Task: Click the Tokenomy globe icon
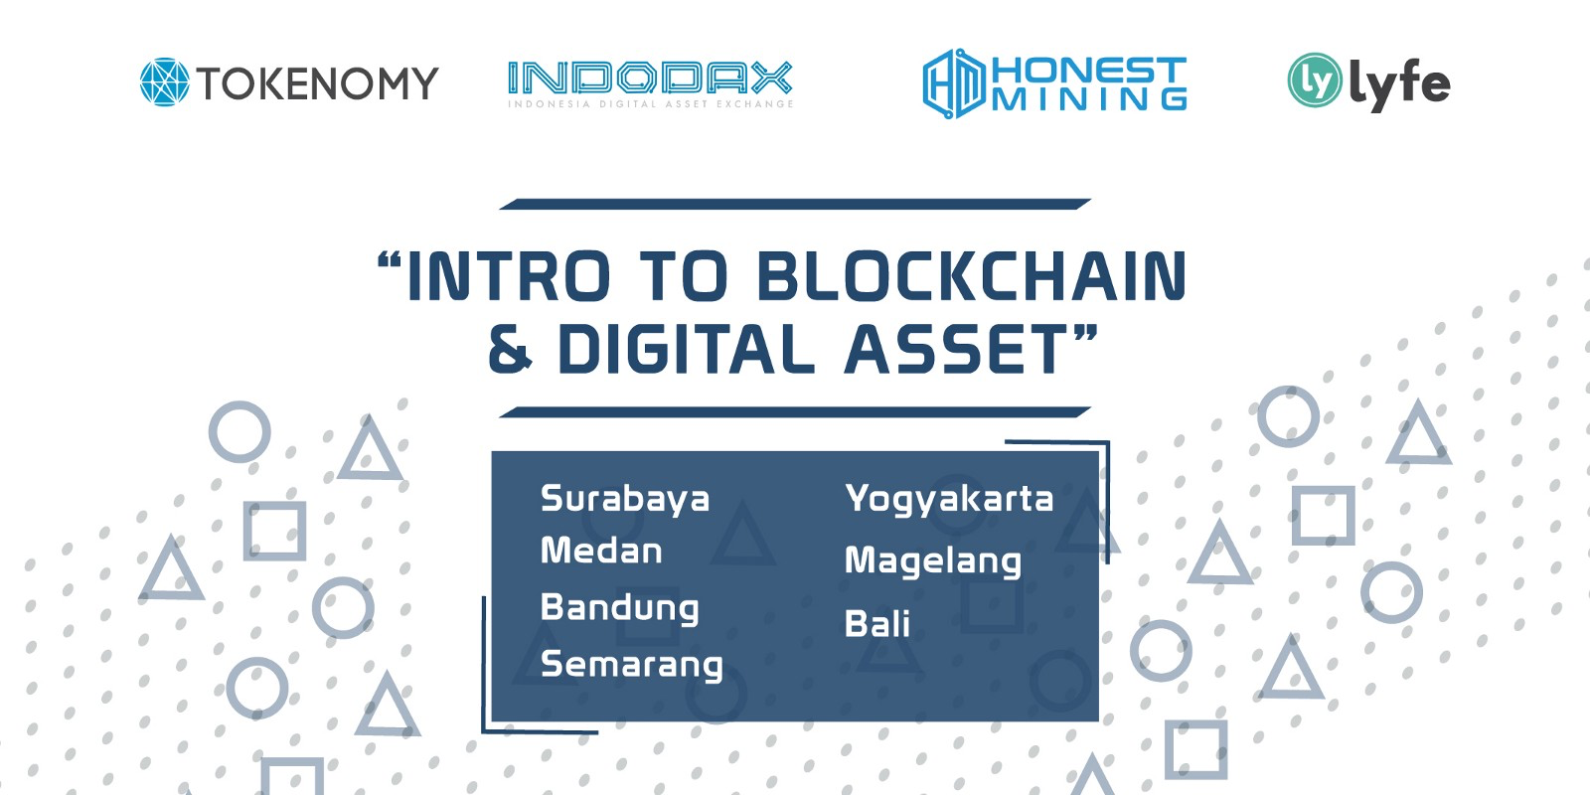[x=165, y=81]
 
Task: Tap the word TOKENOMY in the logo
[x=317, y=83]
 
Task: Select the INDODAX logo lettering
[x=650, y=79]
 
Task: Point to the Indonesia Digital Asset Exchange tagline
[x=650, y=103]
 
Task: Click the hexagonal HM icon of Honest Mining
[x=954, y=83]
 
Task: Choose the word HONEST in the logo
[x=1089, y=70]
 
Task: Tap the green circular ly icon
[x=1314, y=80]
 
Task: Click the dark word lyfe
[x=1399, y=84]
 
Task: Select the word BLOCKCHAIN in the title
[x=971, y=275]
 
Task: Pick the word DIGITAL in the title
[x=686, y=349]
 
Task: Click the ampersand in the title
[x=510, y=349]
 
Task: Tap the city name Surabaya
[x=625, y=499]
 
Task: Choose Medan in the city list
[x=601, y=551]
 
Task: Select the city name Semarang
[x=632, y=665]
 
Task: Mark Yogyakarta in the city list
[x=949, y=499]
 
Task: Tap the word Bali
[x=877, y=624]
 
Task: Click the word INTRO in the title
[x=508, y=275]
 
